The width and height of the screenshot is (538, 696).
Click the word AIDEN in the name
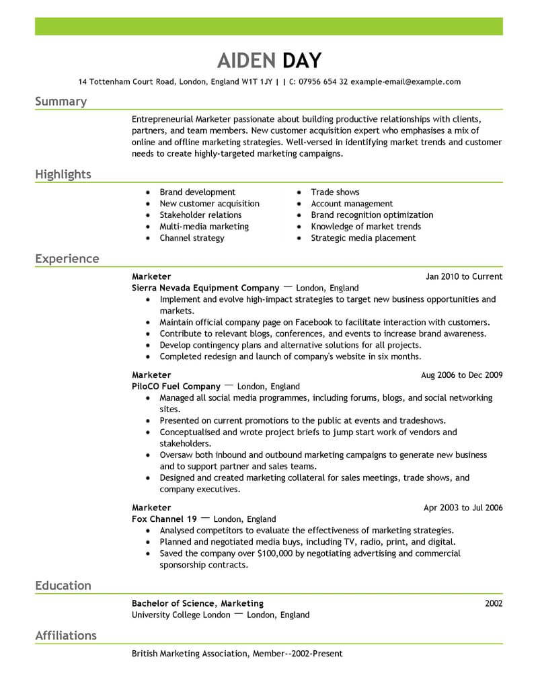(247, 61)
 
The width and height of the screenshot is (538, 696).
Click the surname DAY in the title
(302, 61)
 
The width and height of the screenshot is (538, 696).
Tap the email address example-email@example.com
(406, 82)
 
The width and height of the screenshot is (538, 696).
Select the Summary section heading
(61, 102)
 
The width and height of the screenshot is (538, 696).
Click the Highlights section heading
(63, 175)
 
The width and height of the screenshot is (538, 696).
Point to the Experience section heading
(67, 259)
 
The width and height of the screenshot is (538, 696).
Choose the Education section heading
(63, 586)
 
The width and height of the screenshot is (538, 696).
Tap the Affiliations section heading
(66, 635)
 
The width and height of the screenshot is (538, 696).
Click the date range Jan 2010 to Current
(464, 276)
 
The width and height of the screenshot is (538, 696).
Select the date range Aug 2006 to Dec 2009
(461, 375)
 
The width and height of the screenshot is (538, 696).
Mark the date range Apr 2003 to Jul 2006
(463, 508)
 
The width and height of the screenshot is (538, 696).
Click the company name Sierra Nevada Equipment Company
(205, 288)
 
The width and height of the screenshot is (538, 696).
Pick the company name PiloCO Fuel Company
(176, 387)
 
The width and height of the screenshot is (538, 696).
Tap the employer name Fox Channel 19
(165, 519)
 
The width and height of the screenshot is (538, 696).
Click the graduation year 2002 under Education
(494, 603)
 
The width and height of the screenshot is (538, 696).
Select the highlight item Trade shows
(335, 192)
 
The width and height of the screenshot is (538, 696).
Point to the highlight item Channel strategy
(192, 238)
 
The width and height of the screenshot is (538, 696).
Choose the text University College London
(180, 615)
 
